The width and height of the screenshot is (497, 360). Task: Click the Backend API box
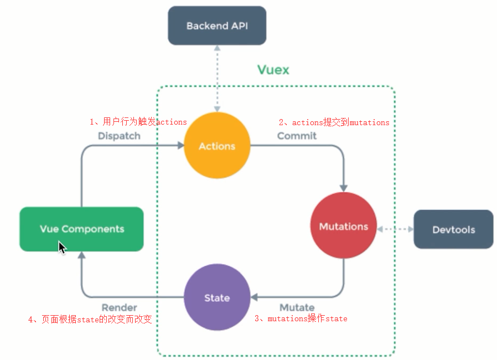tap(217, 26)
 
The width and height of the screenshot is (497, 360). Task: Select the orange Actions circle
tap(217, 146)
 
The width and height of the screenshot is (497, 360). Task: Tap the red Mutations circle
tap(343, 227)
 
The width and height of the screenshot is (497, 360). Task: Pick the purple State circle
tap(217, 298)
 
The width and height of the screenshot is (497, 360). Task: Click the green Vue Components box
tap(82, 229)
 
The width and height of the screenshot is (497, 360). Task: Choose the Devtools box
tap(453, 229)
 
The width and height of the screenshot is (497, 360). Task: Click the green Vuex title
tap(273, 70)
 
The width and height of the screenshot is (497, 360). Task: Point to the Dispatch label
tap(119, 136)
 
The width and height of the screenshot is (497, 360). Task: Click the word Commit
tap(297, 136)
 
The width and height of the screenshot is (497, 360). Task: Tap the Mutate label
tap(297, 307)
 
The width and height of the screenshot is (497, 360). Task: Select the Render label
tap(119, 307)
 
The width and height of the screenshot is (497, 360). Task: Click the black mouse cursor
tap(62, 247)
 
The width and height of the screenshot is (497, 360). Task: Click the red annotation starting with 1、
tap(138, 121)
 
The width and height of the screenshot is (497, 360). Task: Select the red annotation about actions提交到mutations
tap(334, 122)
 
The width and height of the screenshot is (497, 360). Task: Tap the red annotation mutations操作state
tap(301, 318)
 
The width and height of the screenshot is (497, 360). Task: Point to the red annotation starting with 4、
tap(90, 320)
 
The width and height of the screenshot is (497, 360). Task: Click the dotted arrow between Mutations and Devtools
tap(395, 229)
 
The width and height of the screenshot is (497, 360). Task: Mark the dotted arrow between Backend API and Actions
tap(218, 78)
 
